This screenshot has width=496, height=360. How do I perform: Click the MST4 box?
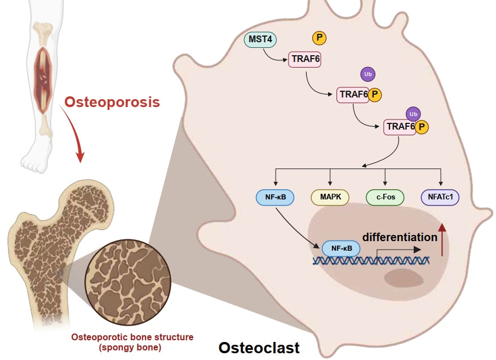point(259,41)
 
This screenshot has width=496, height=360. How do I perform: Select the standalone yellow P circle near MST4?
point(320,38)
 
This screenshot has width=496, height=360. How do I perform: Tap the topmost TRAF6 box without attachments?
point(305,59)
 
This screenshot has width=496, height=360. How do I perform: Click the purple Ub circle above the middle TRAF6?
point(367,74)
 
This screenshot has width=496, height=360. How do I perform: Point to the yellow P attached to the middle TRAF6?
point(375,95)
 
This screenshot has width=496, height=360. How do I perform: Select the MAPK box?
point(330,197)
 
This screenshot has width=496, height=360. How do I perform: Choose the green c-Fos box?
point(385,197)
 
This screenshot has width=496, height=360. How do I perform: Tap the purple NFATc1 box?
point(440,197)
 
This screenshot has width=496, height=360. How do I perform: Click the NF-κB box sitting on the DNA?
point(341,248)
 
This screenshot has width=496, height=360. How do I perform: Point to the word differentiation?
point(400,237)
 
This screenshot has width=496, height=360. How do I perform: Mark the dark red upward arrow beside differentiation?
point(442,239)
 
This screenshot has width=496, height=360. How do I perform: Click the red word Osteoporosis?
point(112,102)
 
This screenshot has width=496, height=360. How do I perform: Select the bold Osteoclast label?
point(259,347)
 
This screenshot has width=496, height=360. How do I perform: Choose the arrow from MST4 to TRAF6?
point(274,55)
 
